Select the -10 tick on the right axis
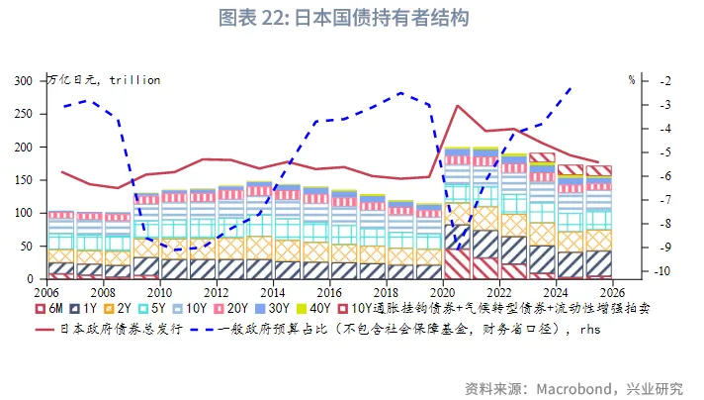pos(664,272)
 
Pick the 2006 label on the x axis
pos(47,293)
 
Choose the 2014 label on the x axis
pos(273,293)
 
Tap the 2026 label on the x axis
pos(612,293)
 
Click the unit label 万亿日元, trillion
pos(104,79)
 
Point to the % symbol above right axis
pos(631,79)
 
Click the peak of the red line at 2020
pos(458,105)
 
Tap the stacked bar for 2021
pos(485,213)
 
